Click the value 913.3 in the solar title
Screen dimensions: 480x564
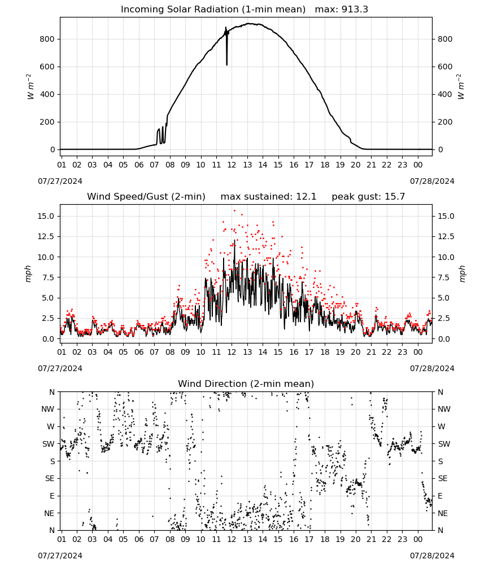[x=355, y=10]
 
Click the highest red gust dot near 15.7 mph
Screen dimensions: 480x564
[x=234, y=211]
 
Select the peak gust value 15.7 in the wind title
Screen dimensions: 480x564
[x=394, y=197]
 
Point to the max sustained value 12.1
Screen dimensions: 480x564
[x=306, y=197]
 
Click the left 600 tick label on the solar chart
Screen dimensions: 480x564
[x=47, y=67]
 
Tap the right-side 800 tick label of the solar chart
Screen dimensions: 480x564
[x=445, y=39]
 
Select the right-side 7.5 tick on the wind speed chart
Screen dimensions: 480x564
[x=444, y=277]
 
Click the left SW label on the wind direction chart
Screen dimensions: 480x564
[x=49, y=444]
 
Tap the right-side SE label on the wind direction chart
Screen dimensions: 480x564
[x=443, y=479]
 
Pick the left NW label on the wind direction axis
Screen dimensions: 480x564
[x=48, y=409]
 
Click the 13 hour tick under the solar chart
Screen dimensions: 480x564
[x=247, y=165]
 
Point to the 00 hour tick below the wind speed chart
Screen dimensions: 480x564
[x=418, y=352]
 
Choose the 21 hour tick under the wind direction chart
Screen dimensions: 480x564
[x=371, y=540]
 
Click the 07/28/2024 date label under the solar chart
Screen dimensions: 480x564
[x=432, y=181]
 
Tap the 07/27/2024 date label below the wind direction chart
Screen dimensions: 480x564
[x=60, y=556]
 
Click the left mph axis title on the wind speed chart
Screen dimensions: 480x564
[x=28, y=274]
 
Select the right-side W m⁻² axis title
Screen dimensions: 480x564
[x=461, y=87]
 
